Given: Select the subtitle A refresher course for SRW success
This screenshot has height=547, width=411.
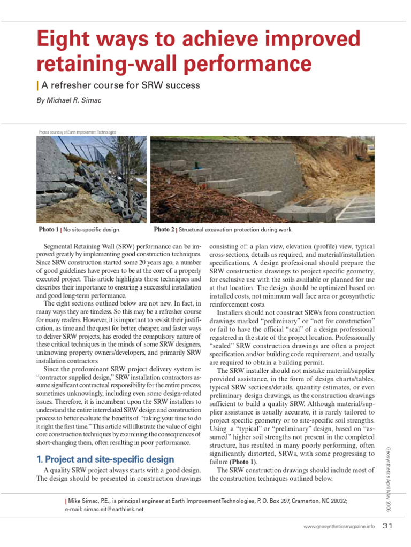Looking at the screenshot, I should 119,85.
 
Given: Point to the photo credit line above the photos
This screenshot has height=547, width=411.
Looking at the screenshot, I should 77,132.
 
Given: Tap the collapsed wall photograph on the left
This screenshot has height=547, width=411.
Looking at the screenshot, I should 91,179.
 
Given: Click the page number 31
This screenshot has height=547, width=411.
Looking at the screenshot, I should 388,526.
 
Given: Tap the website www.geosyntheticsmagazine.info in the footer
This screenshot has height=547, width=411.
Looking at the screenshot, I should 339,527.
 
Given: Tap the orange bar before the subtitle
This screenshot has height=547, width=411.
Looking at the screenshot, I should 37,85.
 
